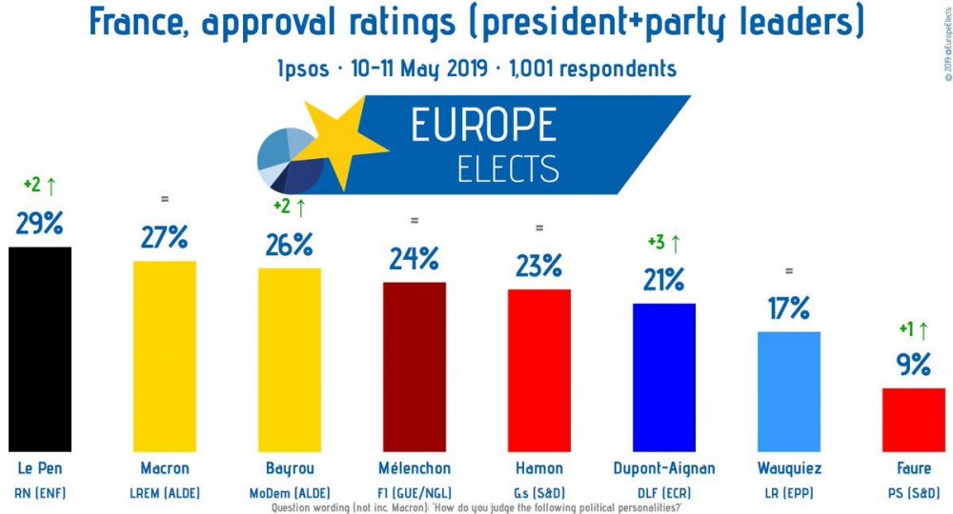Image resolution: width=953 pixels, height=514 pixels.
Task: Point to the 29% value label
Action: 39,224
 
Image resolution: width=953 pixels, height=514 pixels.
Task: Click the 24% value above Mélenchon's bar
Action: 415,258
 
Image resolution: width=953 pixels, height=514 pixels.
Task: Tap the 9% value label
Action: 912,364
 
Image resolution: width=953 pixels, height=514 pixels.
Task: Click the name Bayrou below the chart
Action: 290,468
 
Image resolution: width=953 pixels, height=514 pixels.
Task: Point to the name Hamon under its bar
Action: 539,468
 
